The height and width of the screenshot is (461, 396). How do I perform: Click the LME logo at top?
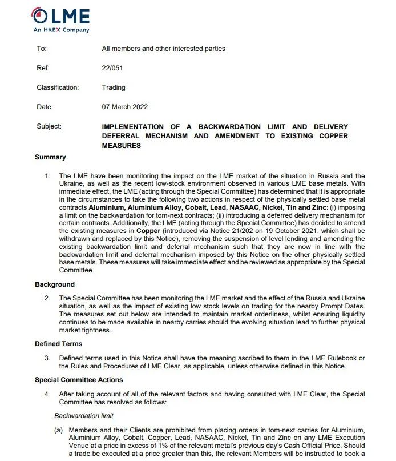[59, 17]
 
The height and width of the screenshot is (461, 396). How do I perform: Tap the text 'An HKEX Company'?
[61, 30]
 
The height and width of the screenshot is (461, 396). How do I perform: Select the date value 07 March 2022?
[125, 107]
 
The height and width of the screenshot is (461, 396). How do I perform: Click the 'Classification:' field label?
[58, 87]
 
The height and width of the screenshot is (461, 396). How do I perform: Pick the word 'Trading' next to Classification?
[114, 87]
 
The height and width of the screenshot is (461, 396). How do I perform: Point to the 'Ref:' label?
[43, 68]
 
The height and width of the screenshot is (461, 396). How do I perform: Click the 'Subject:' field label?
[49, 126]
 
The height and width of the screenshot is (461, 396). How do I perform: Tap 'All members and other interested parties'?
[163, 49]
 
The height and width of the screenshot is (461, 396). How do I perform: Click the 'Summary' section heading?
[50, 157]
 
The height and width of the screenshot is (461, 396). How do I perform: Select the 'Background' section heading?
[55, 284]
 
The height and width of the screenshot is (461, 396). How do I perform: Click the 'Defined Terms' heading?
[58, 344]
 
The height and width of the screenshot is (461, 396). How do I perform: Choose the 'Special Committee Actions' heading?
[79, 380]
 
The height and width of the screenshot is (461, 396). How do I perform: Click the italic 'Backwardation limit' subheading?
[84, 416]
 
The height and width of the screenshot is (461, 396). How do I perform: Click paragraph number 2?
[47, 298]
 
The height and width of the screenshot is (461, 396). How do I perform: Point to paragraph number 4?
[47, 394]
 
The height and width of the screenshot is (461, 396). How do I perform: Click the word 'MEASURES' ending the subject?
[121, 146]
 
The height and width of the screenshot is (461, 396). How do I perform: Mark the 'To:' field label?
[42, 49]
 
